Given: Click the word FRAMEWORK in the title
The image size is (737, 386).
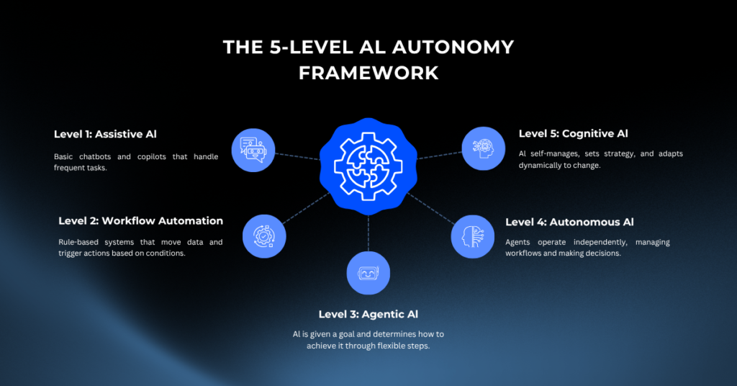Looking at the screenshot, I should [368, 73].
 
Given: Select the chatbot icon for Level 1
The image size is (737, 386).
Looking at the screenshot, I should [253, 149].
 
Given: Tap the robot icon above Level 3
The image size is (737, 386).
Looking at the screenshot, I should [368, 273].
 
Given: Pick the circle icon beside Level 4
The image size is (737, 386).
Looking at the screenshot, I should [472, 235].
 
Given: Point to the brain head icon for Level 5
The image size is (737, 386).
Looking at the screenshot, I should [483, 148].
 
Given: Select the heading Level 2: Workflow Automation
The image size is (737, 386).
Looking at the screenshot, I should [141, 220].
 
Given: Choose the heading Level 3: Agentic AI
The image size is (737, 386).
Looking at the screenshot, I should [368, 314].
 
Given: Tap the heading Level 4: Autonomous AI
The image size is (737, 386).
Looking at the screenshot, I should [570, 221].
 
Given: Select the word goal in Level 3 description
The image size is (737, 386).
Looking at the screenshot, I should [356, 333].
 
